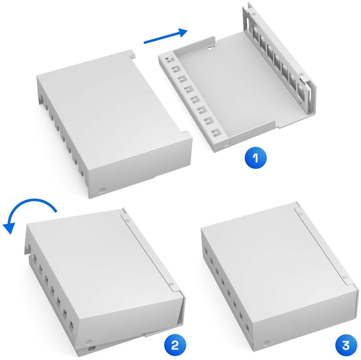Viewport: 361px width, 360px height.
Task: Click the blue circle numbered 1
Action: tap(256, 157)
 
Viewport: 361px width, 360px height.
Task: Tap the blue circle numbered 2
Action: tap(175, 345)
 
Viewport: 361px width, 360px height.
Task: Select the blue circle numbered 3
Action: tap(346, 345)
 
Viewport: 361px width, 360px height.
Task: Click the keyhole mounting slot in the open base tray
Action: tap(211, 47)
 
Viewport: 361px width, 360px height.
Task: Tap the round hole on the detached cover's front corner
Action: tap(102, 190)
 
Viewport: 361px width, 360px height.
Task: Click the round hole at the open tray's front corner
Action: tap(226, 143)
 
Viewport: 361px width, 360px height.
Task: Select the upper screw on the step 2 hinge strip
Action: tap(127, 220)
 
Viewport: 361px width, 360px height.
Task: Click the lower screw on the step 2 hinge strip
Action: tap(171, 284)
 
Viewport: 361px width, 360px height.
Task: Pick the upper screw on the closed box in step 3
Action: tap(301, 214)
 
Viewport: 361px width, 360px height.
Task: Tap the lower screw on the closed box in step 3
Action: tap(345, 277)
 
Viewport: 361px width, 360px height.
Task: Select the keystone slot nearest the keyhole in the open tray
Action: tap(169, 59)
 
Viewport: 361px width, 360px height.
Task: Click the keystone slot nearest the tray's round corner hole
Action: tap(216, 133)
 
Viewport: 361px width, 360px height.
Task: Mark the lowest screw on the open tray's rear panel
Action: tap(299, 101)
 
